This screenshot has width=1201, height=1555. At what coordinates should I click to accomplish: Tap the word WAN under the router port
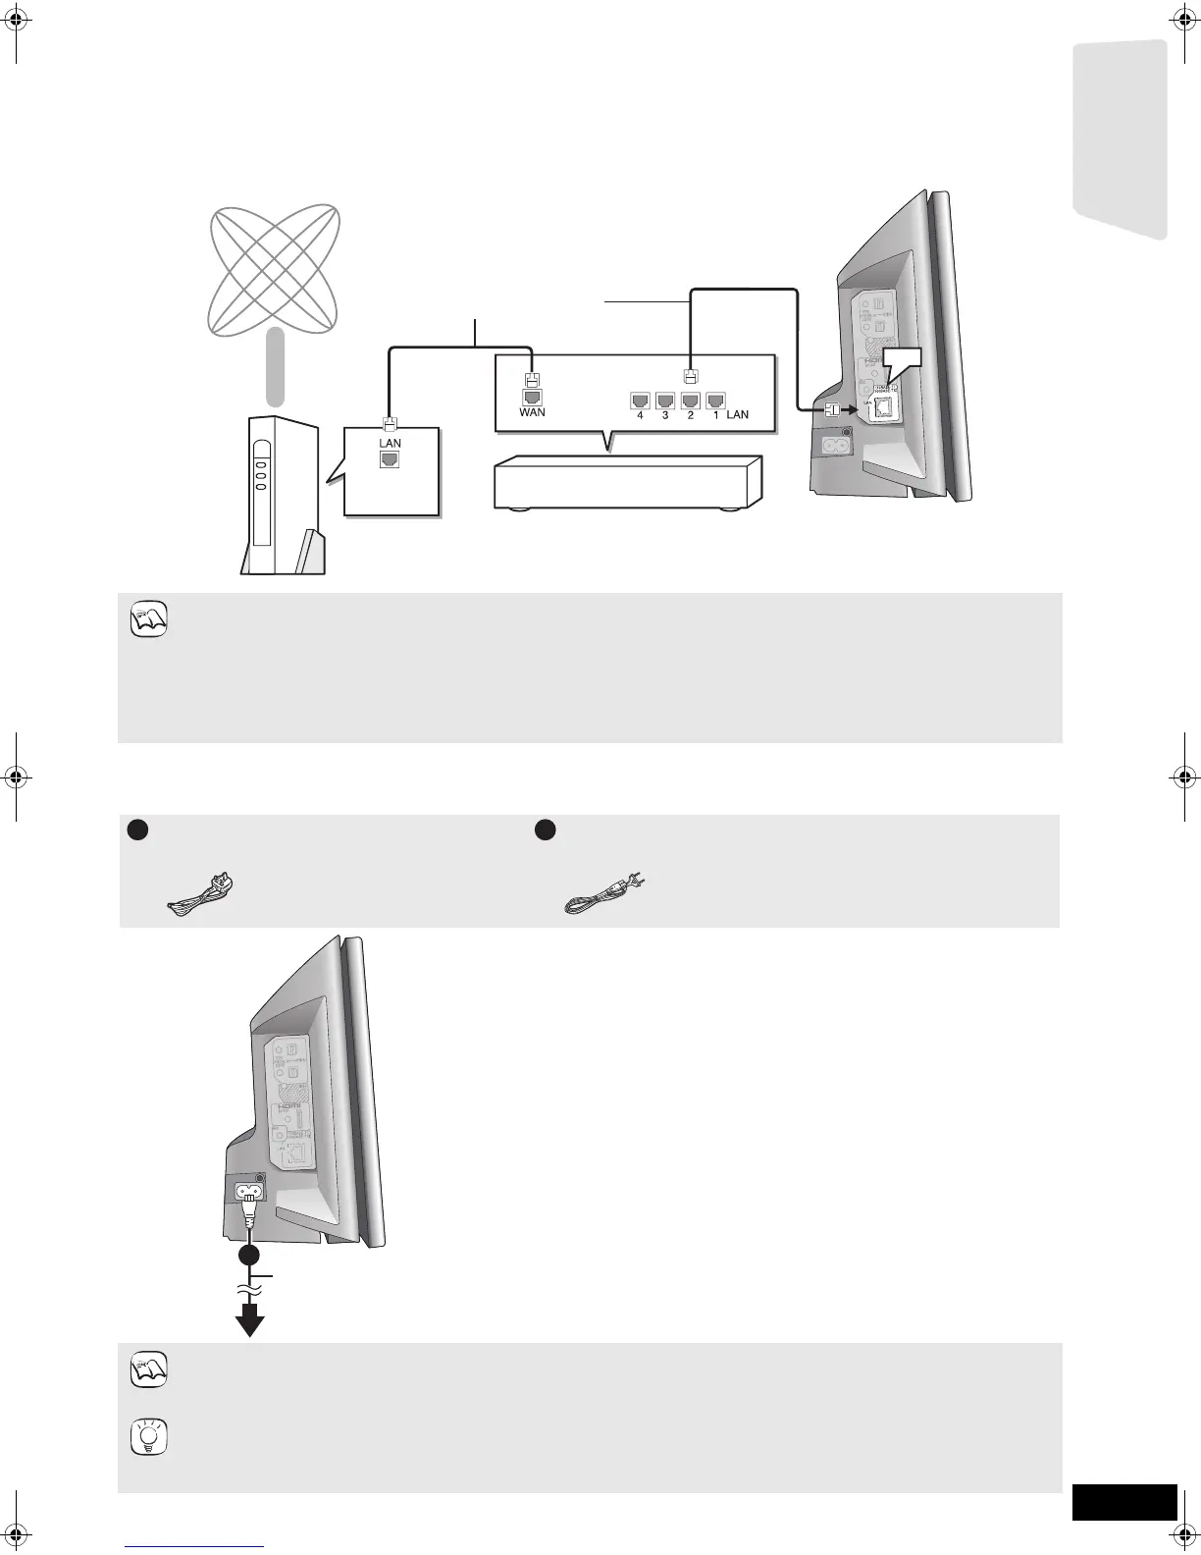(x=533, y=413)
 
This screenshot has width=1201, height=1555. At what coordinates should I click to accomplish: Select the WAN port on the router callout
(x=532, y=397)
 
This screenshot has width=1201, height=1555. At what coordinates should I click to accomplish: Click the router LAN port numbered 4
(x=640, y=400)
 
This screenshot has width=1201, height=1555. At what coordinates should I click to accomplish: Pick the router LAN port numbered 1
(x=714, y=400)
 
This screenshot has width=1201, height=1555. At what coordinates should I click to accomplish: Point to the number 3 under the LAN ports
(x=665, y=415)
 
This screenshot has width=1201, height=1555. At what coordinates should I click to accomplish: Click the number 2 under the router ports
(x=690, y=415)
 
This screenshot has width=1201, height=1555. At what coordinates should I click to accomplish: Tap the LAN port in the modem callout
(x=391, y=458)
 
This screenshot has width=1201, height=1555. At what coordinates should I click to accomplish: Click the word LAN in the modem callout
(x=391, y=443)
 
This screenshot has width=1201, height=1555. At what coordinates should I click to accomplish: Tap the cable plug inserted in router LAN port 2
(x=690, y=375)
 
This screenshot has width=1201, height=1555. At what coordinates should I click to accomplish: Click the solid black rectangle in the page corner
(x=1123, y=1502)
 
